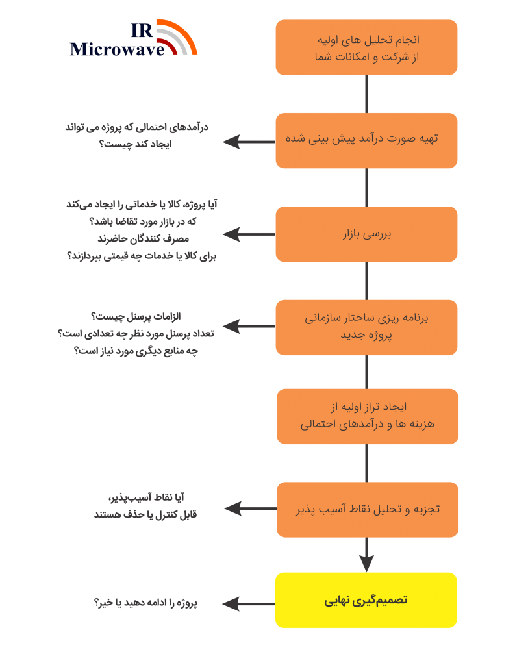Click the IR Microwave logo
click(x=134, y=38)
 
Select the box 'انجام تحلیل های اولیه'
click(x=366, y=47)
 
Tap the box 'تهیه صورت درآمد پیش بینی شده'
click(x=366, y=140)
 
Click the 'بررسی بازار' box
click(x=366, y=234)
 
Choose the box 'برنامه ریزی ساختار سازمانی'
click(x=366, y=327)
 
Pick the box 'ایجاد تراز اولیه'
click(x=368, y=416)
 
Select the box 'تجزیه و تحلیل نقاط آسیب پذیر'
click(x=368, y=510)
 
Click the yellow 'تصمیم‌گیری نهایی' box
click(x=366, y=600)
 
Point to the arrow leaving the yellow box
click(x=249, y=603)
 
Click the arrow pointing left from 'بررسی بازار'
click(x=249, y=234)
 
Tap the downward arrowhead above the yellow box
click(x=366, y=564)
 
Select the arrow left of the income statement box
click(x=249, y=142)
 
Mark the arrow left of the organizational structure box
click(x=249, y=326)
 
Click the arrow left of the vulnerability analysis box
click(x=251, y=508)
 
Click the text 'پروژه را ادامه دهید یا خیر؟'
click(x=145, y=603)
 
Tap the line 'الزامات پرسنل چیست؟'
click(x=136, y=316)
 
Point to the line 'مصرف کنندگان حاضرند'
click(x=144, y=239)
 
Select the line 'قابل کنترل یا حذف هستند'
click(x=145, y=514)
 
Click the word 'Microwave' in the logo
click(x=117, y=49)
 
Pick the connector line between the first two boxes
click(x=366, y=94)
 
